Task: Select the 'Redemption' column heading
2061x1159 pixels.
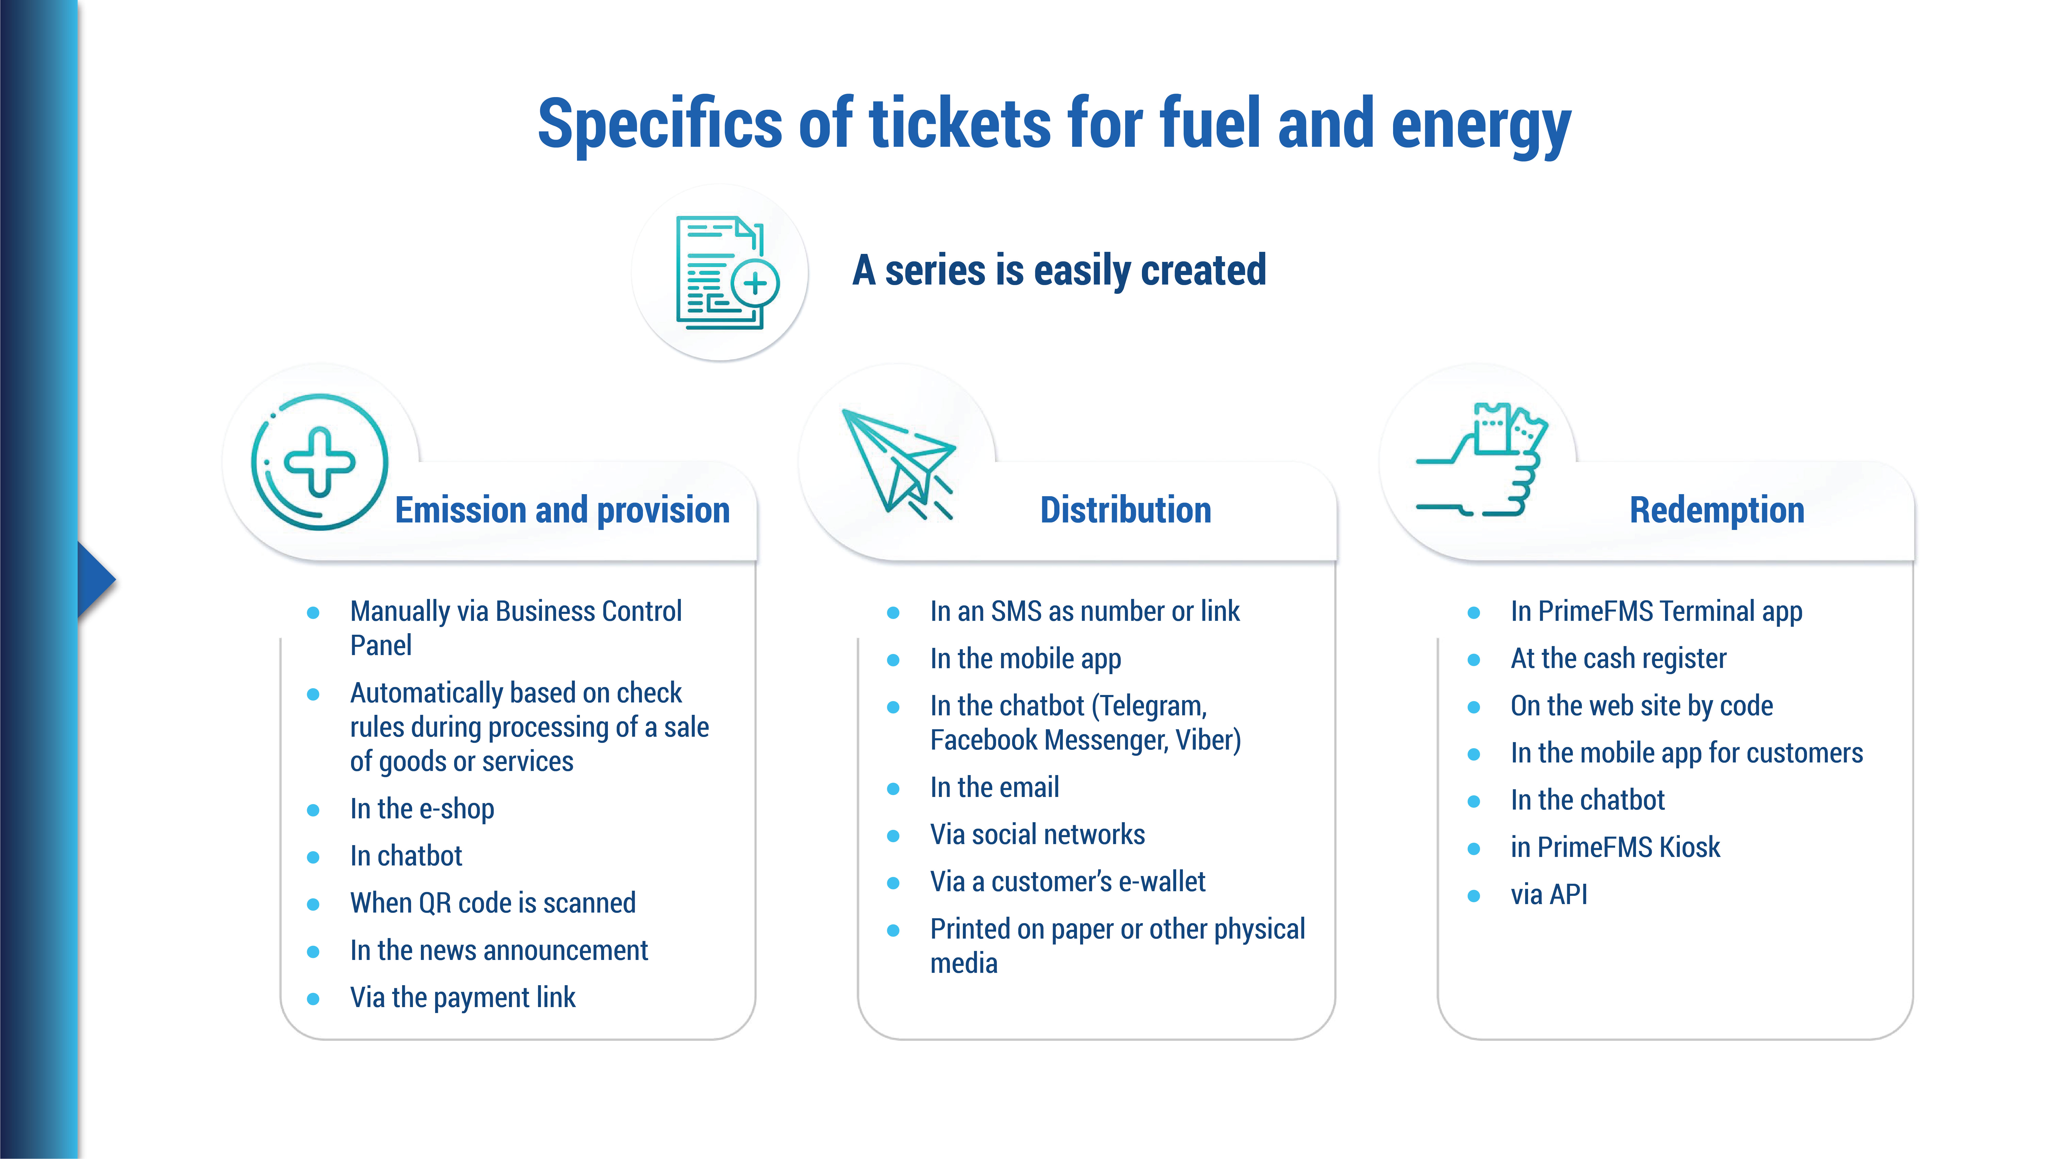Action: coord(1717,510)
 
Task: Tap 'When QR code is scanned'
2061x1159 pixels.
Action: coord(493,903)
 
